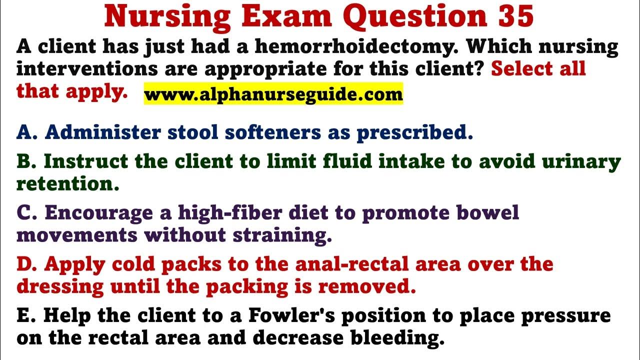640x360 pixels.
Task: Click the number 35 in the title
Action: [515, 16]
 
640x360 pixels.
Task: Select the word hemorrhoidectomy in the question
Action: [356, 47]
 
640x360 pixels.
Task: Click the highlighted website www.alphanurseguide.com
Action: [273, 94]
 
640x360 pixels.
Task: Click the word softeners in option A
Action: [273, 132]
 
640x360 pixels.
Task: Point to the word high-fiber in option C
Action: [230, 212]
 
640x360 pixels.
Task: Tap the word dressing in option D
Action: [60, 287]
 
